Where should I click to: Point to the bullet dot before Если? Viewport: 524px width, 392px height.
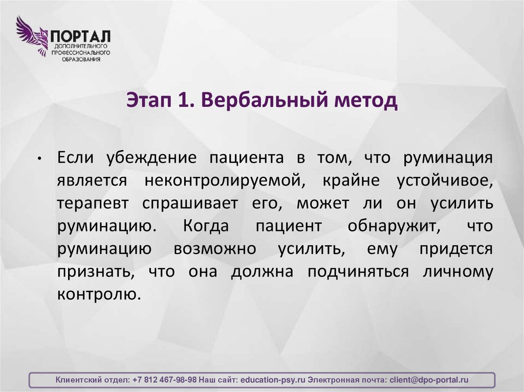pos(39,158)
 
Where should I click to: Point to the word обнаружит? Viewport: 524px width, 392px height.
pos(392,226)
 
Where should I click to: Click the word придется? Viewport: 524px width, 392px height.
pos(456,249)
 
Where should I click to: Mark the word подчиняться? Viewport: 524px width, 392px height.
pos(358,272)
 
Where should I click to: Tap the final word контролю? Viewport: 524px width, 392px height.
pos(98,295)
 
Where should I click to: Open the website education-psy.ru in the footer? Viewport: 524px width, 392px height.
pos(273,380)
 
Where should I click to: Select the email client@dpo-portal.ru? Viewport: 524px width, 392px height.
pos(429,380)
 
